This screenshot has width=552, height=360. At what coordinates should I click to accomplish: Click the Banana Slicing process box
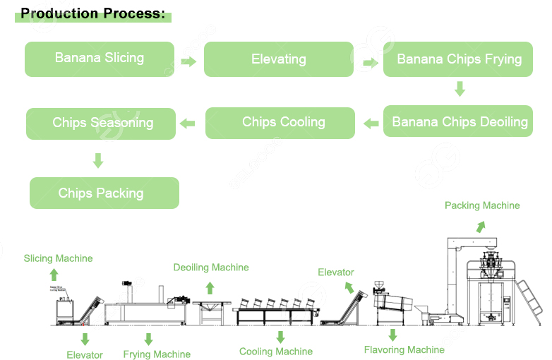point(100,59)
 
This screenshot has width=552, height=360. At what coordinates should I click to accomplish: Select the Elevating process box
point(279,59)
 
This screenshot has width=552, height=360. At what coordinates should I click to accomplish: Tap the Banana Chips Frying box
point(459,59)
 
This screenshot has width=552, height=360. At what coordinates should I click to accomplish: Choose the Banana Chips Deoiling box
point(460,122)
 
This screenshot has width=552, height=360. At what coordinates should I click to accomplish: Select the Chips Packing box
point(104,193)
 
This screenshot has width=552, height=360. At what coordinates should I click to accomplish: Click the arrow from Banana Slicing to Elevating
point(188,61)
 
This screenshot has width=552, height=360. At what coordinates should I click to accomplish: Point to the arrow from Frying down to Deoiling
point(460,89)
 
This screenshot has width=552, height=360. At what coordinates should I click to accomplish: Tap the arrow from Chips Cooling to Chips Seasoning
point(187,124)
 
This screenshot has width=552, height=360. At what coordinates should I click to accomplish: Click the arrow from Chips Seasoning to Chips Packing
point(98,161)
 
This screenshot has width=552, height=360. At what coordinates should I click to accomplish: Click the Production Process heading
point(92,13)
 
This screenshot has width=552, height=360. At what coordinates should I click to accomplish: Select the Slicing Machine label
point(58,258)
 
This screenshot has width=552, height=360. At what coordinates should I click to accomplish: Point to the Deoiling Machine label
point(211,268)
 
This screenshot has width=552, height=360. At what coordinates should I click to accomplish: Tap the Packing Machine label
point(482,205)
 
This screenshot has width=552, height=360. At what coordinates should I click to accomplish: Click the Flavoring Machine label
point(404,349)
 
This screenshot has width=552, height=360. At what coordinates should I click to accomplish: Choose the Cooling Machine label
point(275,352)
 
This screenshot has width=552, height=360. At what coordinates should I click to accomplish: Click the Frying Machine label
point(157,354)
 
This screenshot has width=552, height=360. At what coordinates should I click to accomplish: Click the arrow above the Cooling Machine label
point(280,337)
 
